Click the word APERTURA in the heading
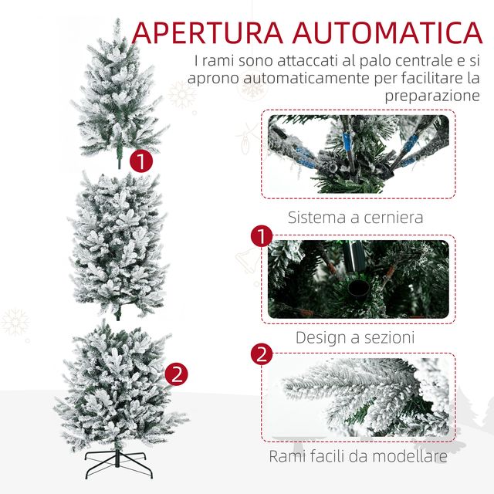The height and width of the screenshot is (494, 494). [x=208, y=32]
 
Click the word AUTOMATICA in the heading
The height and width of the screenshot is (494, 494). [x=387, y=32]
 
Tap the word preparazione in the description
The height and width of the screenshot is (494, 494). [x=432, y=96]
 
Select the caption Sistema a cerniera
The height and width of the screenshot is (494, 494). [x=355, y=217]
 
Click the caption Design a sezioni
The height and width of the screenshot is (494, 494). [x=355, y=337]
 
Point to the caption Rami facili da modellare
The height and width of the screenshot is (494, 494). [x=358, y=456]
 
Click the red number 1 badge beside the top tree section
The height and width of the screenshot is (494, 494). [x=141, y=161]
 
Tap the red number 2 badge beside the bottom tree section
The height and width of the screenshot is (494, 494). [x=177, y=374]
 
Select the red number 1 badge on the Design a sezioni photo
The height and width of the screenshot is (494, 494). [x=262, y=236]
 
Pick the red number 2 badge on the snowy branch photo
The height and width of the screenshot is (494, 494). [x=262, y=354]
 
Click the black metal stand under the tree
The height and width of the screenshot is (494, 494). [x=118, y=463]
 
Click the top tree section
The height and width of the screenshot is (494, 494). [x=118, y=91]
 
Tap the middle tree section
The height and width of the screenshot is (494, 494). [x=117, y=244]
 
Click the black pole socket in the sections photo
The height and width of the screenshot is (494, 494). [x=358, y=293]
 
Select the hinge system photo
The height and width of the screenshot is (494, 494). [x=358, y=154]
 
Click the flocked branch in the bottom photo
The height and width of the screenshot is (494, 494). [x=362, y=397]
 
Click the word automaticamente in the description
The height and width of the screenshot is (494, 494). [x=307, y=78]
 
